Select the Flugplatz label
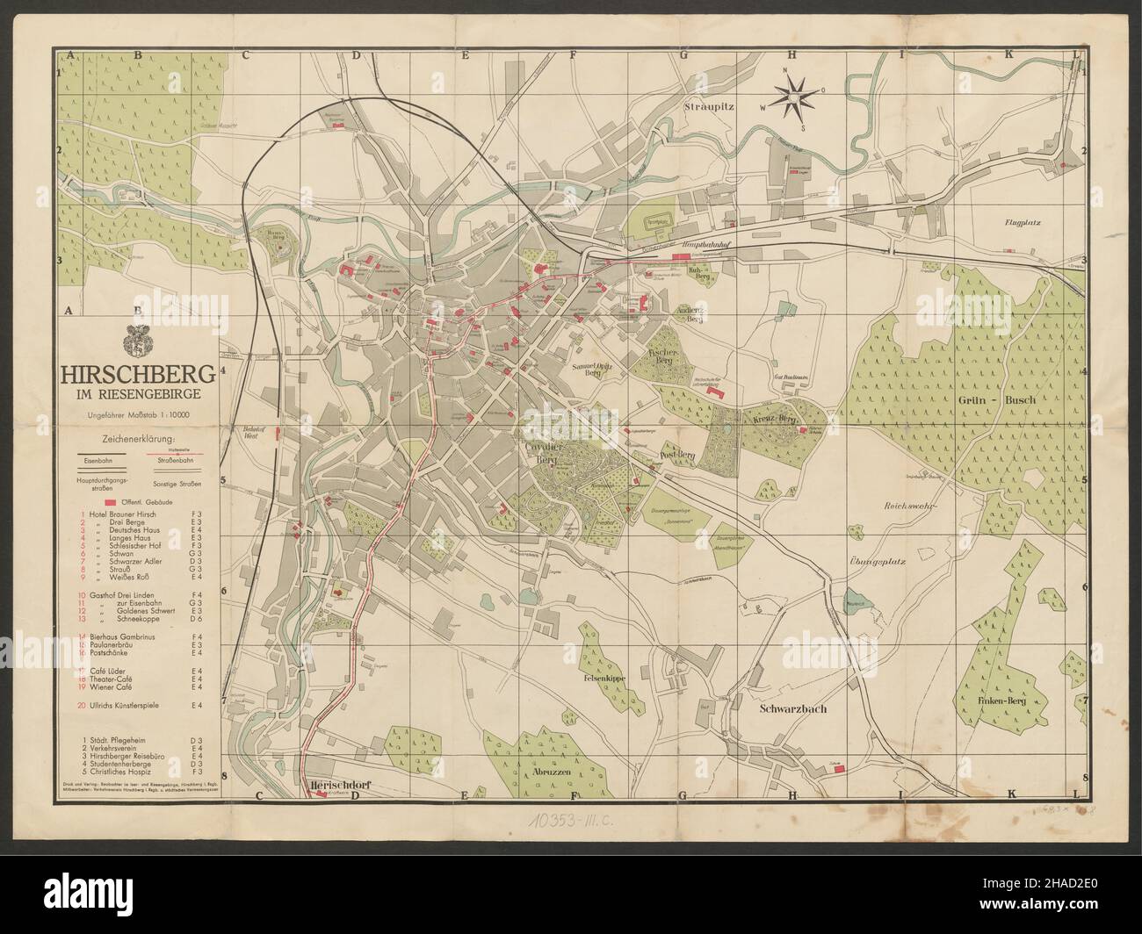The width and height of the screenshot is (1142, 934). (1023, 224)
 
